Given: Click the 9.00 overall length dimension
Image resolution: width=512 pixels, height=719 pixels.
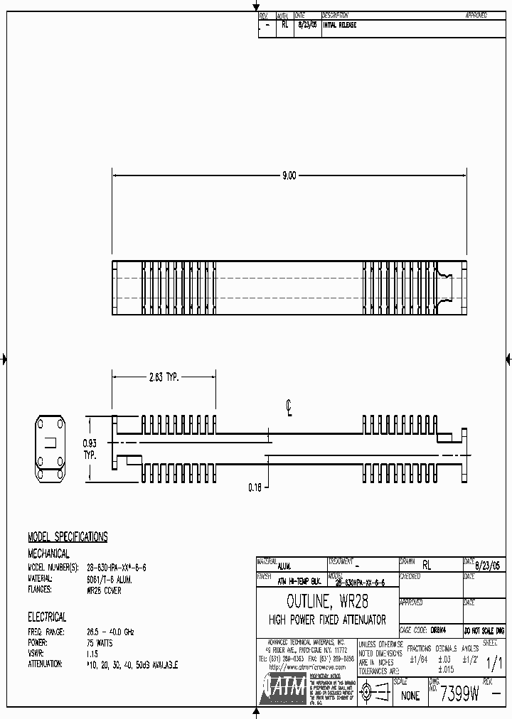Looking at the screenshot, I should point(289,175).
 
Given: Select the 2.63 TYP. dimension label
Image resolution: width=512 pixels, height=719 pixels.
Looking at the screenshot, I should point(163,378).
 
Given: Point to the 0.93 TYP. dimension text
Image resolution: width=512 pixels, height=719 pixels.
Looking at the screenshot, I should point(90,448).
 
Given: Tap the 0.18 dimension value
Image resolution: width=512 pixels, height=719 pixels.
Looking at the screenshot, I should point(255,487).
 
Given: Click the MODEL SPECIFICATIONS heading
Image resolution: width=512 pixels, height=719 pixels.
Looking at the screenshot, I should point(68,537).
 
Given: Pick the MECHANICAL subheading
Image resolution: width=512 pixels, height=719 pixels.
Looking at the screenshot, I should point(48,553).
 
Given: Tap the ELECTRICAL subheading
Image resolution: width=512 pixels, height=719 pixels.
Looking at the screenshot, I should point(47,617).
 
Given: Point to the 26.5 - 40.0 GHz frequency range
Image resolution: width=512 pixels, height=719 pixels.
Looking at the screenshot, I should point(110,632).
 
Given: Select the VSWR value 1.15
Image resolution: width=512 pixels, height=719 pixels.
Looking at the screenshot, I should point(92,653).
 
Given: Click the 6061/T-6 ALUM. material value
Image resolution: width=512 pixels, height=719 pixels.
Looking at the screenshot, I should point(109,579).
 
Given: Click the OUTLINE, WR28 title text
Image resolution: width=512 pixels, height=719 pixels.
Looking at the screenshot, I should point(327,602).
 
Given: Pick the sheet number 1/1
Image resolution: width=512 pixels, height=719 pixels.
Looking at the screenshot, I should point(493,664).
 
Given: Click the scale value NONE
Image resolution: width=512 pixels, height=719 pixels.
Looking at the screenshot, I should point(410,696).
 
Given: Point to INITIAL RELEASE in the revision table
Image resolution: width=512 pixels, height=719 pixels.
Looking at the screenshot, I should point(340,25).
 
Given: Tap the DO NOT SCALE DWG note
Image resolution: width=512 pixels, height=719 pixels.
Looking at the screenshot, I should point(484,630).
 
